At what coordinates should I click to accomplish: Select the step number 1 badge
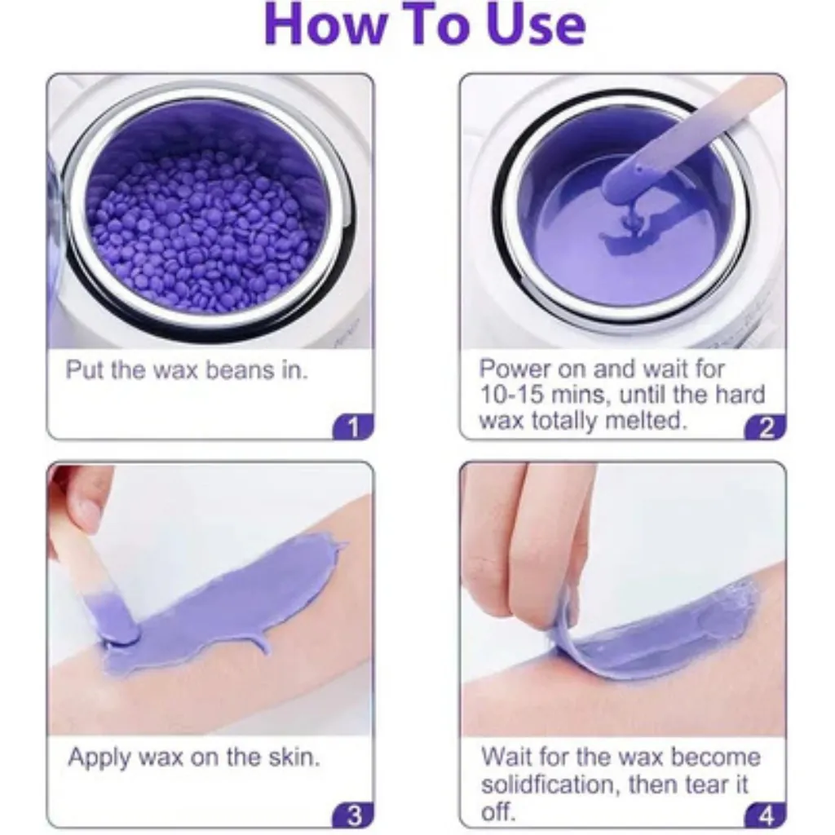coord(353,427)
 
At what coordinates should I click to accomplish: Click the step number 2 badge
coord(766,427)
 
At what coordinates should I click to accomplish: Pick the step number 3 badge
coord(353,815)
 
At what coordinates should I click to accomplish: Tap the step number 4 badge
coord(766,815)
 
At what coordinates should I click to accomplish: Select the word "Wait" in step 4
coord(506,757)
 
